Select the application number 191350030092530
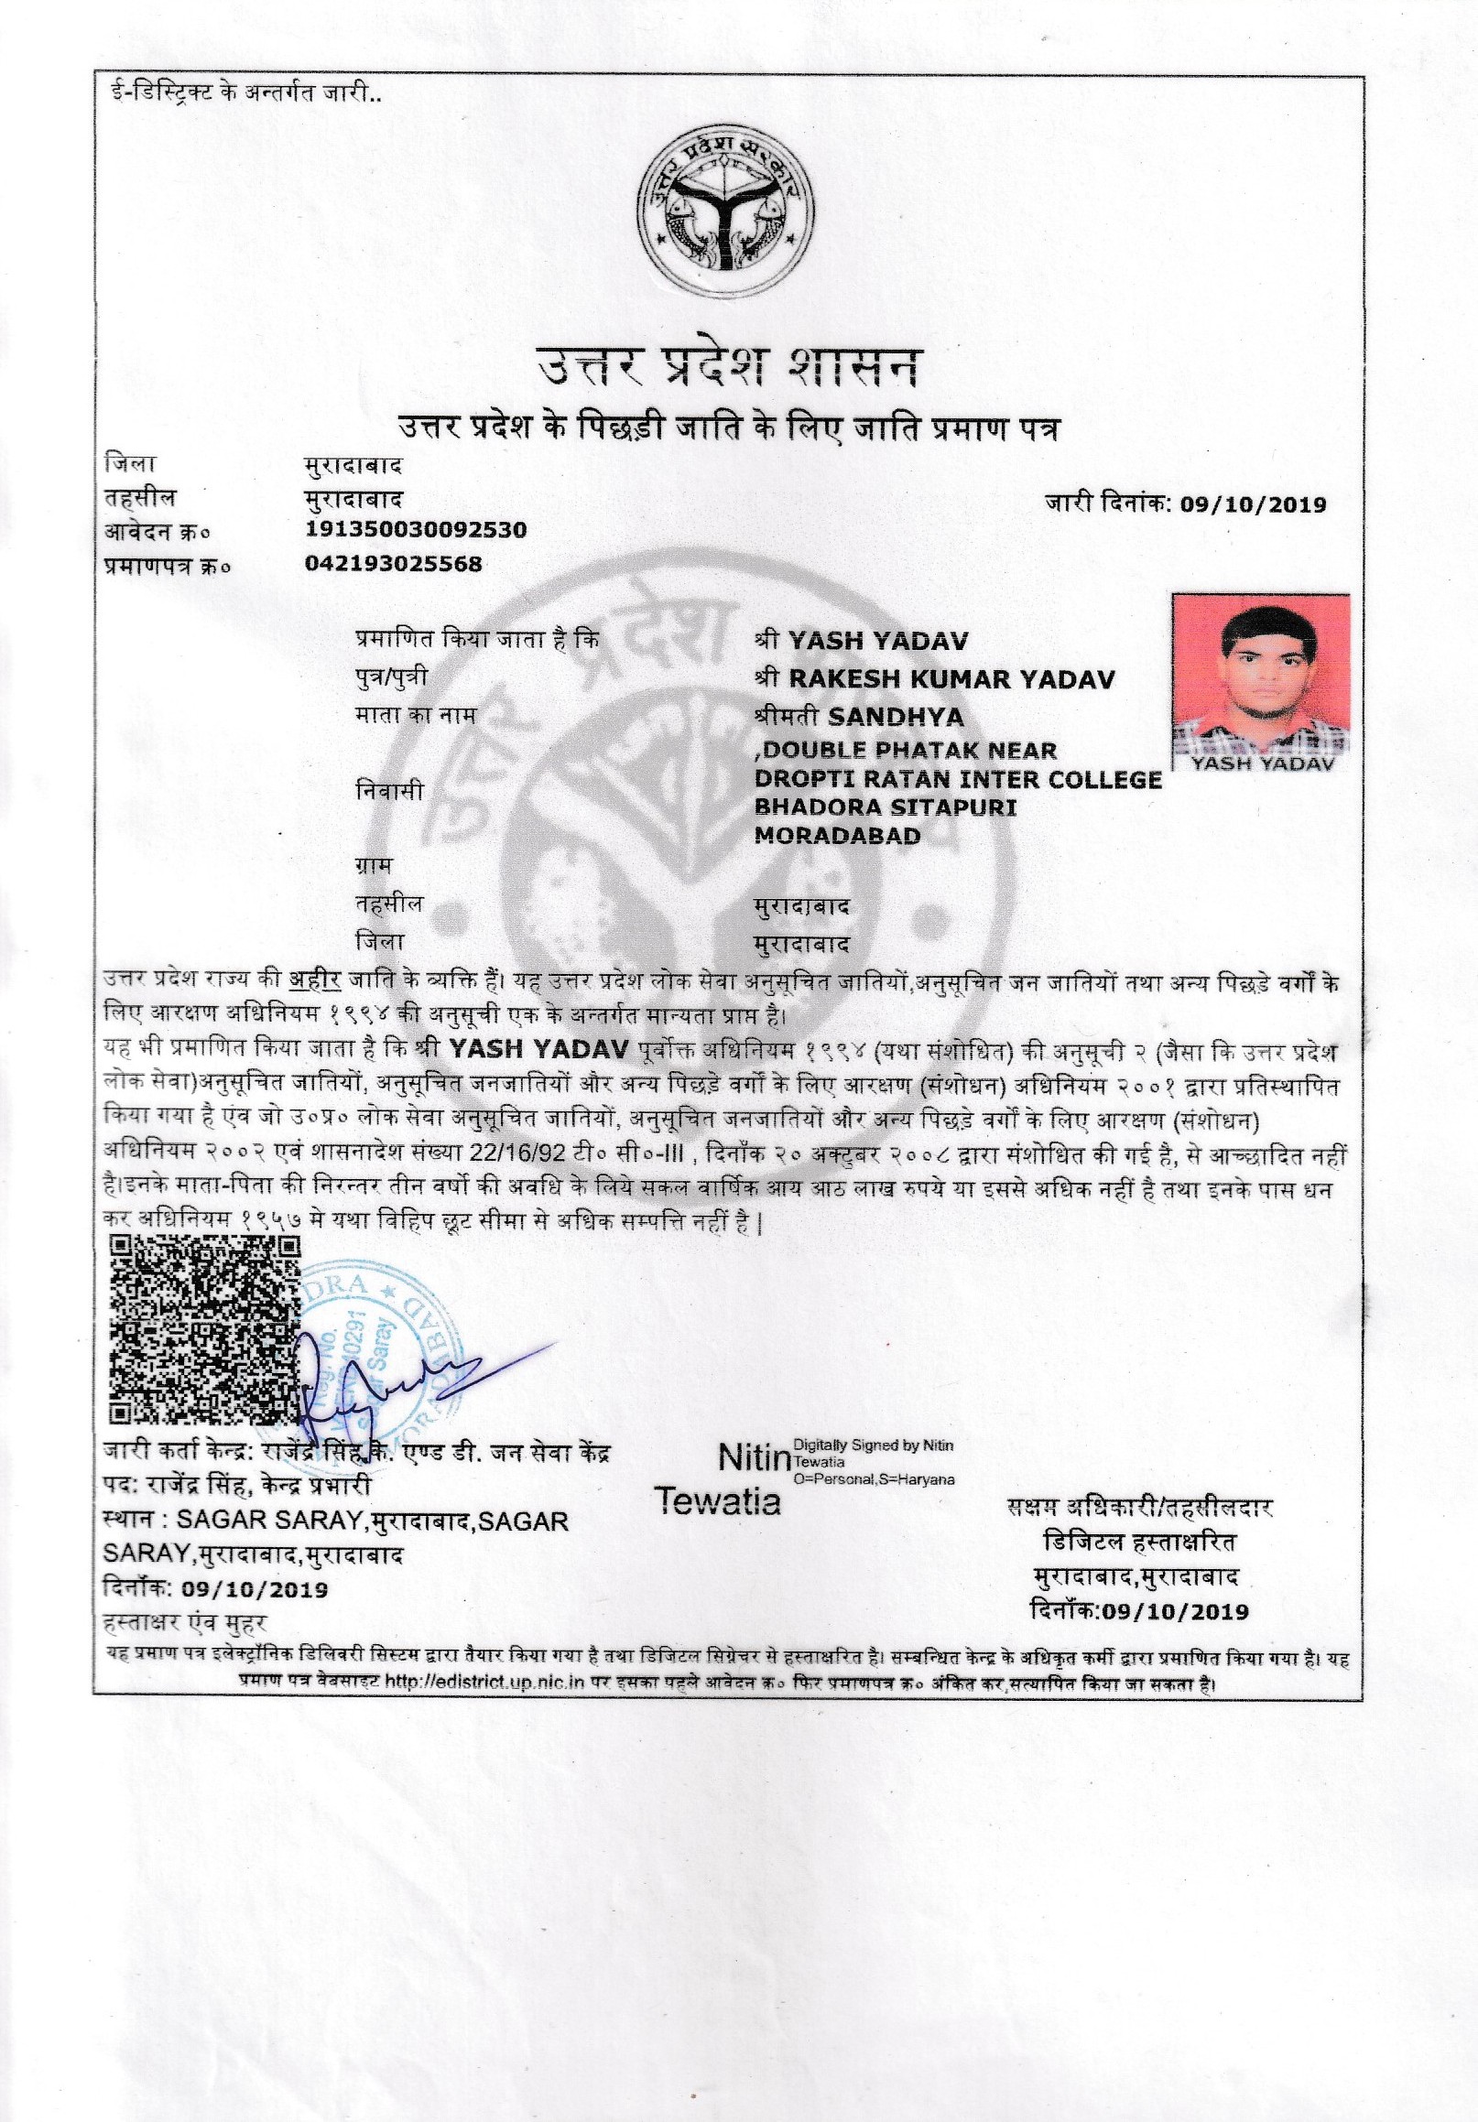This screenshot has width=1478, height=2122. coord(415,529)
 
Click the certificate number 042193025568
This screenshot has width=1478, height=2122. coord(393,563)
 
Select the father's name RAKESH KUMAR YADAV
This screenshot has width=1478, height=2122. coord(951,679)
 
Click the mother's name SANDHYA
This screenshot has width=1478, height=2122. coord(883,716)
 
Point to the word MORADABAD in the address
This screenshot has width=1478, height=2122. coord(837,836)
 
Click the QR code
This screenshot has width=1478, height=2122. coord(205,1332)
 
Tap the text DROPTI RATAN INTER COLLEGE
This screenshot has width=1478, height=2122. coord(958,779)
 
